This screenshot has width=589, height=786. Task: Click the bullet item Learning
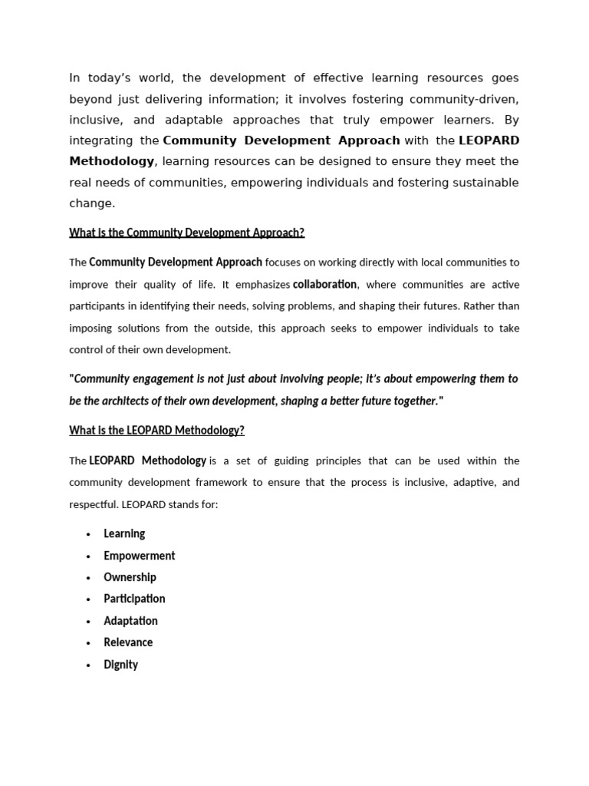coord(124,533)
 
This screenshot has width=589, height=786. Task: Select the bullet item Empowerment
coord(140,556)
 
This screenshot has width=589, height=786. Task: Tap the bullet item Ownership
coord(130,577)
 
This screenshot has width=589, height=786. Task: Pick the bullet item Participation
coord(134,599)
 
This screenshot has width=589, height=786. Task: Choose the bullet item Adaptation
coord(130,621)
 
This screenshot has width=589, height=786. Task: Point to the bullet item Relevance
coord(128,642)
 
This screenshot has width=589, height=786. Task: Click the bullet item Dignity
coord(120,665)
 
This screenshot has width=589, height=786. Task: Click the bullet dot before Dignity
coord(89,665)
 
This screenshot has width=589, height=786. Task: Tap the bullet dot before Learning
coord(89,534)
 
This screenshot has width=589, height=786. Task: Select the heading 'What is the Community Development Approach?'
coord(186,233)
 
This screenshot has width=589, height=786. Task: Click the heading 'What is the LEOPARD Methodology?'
coord(156,431)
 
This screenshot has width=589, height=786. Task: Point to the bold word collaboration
coord(324,284)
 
